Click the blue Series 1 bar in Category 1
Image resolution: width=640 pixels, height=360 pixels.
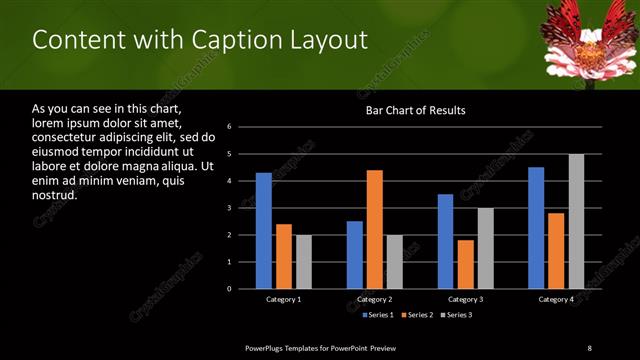pyautogui.click(x=263, y=231)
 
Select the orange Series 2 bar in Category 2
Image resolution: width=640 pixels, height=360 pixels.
pyautogui.click(x=375, y=229)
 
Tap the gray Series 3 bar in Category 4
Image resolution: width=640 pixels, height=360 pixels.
pyautogui.click(x=576, y=221)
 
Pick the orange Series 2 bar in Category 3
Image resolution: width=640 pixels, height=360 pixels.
pyautogui.click(x=465, y=264)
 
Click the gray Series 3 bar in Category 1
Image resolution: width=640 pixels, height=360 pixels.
pyautogui.click(x=303, y=262)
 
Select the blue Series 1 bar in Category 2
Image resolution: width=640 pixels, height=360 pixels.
pyautogui.click(x=355, y=255)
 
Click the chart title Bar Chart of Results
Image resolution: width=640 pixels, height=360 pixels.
pyautogui.click(x=415, y=110)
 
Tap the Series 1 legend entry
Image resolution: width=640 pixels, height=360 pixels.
pyautogui.click(x=377, y=315)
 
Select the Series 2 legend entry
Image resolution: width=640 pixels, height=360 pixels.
pyautogui.click(x=417, y=315)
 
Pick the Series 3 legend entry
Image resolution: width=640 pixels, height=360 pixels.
pyautogui.click(x=457, y=315)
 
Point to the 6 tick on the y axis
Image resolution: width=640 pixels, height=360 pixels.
pyautogui.click(x=229, y=127)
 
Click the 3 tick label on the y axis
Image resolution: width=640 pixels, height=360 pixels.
pyautogui.click(x=229, y=208)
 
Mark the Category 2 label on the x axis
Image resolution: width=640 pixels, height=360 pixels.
pyautogui.click(x=374, y=299)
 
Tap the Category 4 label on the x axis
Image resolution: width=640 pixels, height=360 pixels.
pyautogui.click(x=556, y=299)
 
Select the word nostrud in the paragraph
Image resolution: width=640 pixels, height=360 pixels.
pyautogui.click(x=55, y=195)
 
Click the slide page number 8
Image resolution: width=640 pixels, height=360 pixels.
pyautogui.click(x=589, y=347)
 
